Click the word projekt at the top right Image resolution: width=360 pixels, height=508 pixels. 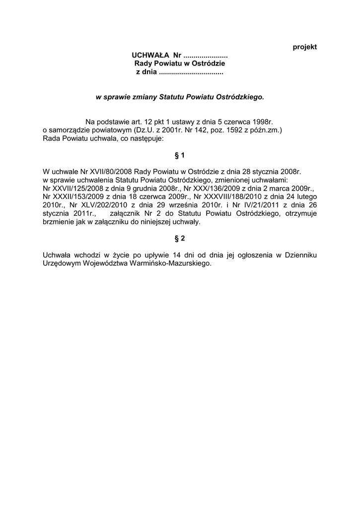(x=305, y=47)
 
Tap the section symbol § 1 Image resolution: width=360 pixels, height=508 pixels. (x=180, y=156)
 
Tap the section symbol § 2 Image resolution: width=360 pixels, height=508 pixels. (x=180, y=239)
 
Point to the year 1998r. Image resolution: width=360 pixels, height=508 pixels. (x=262, y=122)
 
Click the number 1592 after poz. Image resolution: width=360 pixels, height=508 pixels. (x=235, y=130)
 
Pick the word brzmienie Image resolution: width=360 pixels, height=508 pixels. (x=59, y=222)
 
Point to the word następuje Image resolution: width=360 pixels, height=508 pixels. (x=140, y=138)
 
